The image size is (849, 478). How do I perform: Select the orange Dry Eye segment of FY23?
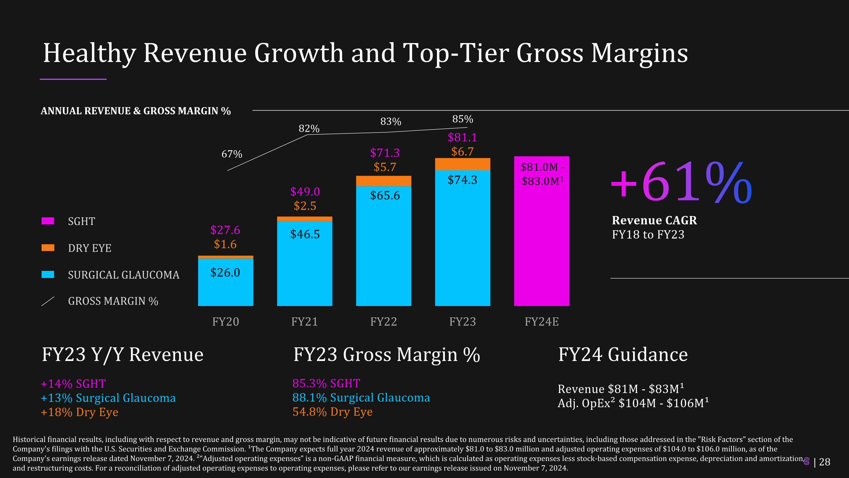coord(462,164)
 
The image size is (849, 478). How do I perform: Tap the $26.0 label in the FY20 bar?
coord(225,273)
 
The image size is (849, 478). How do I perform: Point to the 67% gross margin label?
coord(232,154)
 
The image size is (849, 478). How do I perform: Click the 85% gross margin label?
coord(462,119)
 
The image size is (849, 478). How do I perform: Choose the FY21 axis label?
coord(305,322)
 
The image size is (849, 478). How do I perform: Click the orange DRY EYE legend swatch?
coord(48,248)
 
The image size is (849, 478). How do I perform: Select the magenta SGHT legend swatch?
coord(48,221)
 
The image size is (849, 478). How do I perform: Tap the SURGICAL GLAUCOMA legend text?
coord(124,275)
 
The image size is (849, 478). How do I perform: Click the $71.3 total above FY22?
coord(385,153)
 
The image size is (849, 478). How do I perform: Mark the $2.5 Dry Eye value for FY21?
coord(305,206)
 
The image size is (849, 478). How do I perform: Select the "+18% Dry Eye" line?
coord(80,412)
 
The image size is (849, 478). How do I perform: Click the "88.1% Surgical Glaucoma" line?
coord(361,398)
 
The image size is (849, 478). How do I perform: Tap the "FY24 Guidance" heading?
coord(623,355)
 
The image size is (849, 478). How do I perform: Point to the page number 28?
coord(825,462)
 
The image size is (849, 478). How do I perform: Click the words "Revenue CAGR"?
coord(654,220)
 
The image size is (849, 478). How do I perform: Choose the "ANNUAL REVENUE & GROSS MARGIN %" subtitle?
coord(136,111)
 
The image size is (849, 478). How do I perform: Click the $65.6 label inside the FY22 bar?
coord(385,195)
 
